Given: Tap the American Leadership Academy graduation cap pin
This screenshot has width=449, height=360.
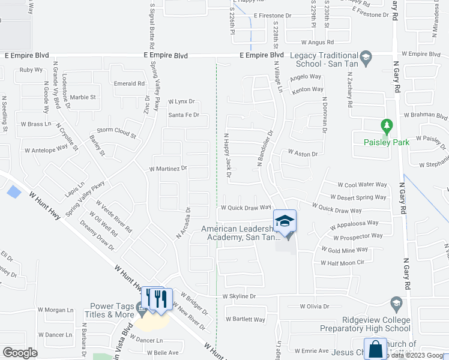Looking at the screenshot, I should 285,220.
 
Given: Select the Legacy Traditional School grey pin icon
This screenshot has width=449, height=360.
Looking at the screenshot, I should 367,58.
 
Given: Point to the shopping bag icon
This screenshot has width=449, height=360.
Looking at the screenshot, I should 375,349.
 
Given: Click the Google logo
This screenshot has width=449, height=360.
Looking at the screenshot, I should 20,353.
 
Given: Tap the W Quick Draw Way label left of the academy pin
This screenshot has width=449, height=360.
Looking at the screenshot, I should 246,208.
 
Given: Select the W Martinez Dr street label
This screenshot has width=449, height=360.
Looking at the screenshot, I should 168,169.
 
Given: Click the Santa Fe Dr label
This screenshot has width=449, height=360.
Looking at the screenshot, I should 183,115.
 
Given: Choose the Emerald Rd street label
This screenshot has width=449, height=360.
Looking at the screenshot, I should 129,84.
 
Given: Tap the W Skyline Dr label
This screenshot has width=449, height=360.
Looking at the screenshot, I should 239,296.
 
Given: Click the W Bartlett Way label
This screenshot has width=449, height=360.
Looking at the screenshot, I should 245,319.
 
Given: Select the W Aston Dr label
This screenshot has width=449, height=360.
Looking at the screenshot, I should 303,154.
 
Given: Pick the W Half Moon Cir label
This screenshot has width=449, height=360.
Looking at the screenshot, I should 342,263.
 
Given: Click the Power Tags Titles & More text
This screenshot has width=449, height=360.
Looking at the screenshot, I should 112,310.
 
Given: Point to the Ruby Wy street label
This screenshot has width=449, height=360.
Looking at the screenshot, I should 31,70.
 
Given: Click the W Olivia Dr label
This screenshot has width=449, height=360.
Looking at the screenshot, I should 315,306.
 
